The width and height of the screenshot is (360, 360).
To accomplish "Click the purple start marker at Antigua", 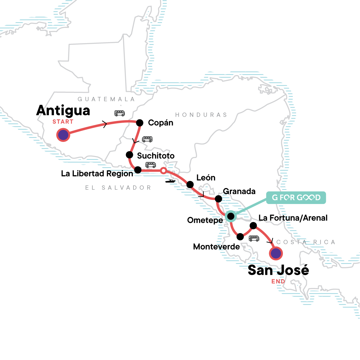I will [x=63, y=135].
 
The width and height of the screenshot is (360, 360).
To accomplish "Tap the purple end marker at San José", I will [x=276, y=253].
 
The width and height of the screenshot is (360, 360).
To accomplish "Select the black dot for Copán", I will [x=140, y=123].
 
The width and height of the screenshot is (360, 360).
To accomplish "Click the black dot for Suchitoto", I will [x=129, y=155].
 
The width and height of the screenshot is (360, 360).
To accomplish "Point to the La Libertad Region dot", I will [x=138, y=170].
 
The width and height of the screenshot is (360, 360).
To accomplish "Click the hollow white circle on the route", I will [x=163, y=171].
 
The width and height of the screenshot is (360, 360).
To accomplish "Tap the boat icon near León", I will [x=170, y=181].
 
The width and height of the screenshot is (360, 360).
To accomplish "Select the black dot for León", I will [x=190, y=184].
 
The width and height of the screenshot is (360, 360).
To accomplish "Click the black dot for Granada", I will [x=218, y=199].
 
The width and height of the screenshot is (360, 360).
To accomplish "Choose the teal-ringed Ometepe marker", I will [x=230, y=216].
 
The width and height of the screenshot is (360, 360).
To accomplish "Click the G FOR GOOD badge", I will [x=296, y=198].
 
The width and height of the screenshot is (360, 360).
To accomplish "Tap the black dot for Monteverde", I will [x=240, y=237].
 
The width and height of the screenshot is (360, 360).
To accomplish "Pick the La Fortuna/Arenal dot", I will [x=253, y=225].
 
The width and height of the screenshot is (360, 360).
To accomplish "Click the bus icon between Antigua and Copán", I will [x=119, y=113].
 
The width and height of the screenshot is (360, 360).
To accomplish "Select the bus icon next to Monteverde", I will [x=254, y=238].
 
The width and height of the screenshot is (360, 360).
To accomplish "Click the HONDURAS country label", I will [x=201, y=115].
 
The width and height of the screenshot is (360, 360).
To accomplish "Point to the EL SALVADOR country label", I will [x=118, y=188].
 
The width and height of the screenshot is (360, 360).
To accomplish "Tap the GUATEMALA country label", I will [x=106, y=99].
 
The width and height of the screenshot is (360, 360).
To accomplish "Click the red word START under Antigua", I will [x=63, y=122].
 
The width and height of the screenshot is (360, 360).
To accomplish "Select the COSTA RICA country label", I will [x=305, y=242].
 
